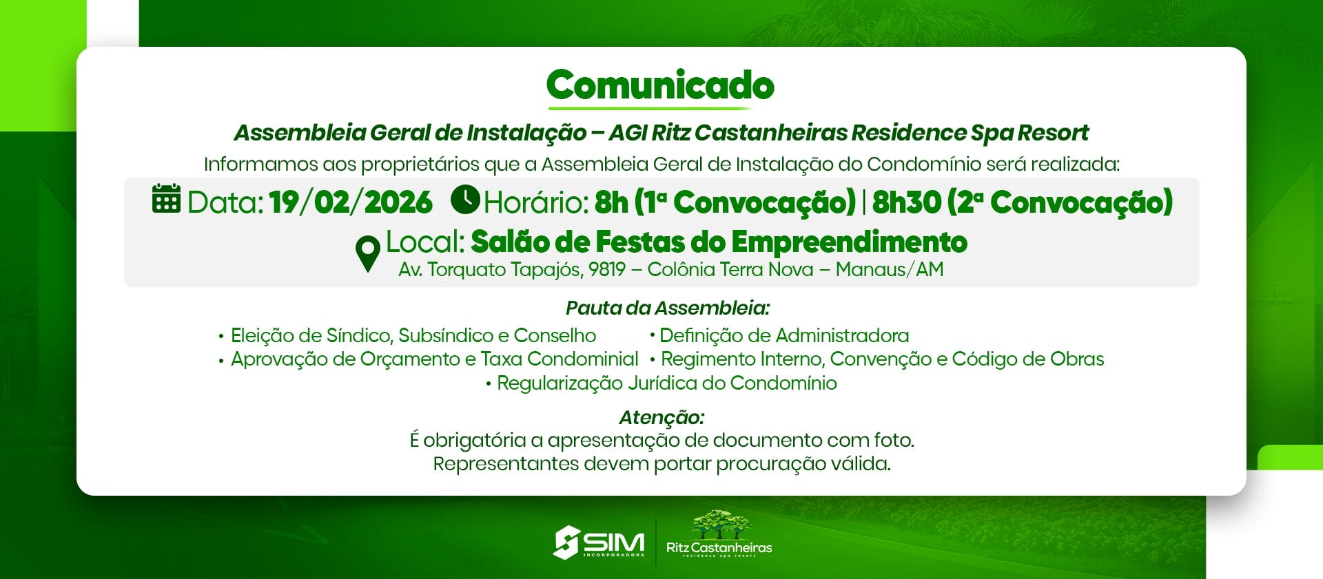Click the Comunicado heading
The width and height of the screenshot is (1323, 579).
660,85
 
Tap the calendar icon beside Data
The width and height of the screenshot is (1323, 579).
166,199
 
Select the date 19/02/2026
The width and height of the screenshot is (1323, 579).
351,202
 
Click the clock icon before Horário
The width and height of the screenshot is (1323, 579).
465,200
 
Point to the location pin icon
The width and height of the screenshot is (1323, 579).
368,253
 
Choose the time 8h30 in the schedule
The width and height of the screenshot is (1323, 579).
906,202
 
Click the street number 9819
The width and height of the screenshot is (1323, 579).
606,269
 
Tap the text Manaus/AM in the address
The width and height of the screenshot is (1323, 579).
890,269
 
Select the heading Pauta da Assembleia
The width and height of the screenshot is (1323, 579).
668,308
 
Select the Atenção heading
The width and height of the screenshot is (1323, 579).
661,417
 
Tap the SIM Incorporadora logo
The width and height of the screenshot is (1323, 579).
599,543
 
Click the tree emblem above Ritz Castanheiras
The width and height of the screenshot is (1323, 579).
720,525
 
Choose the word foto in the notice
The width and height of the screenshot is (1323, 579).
894,440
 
